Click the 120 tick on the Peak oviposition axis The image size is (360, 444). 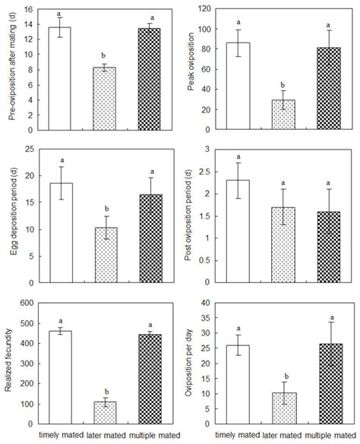(207, 8)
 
